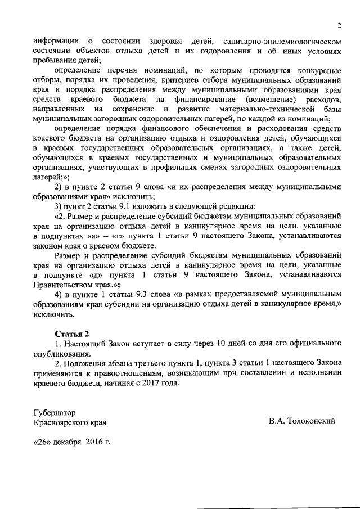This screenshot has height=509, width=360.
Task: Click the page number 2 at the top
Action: tap(340, 25)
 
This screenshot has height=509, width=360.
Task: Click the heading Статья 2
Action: tap(72, 333)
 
